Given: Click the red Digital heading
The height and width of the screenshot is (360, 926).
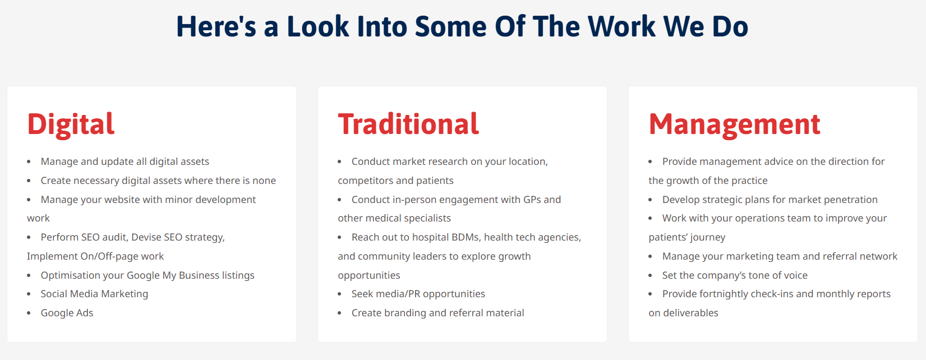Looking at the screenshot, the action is [x=71, y=124].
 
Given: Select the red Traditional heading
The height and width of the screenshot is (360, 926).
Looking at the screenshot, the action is [x=408, y=124].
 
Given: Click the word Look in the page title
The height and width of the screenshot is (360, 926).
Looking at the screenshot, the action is [x=318, y=27].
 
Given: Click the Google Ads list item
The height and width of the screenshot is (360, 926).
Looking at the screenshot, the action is [x=67, y=313].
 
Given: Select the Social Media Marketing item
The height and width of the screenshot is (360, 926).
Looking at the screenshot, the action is [x=94, y=294].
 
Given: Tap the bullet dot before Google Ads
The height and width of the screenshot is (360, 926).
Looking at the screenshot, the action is [x=29, y=313].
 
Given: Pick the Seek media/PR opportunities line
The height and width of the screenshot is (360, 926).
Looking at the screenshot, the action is [x=418, y=294].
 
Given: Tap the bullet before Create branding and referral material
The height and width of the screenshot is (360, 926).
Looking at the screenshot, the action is [x=340, y=313].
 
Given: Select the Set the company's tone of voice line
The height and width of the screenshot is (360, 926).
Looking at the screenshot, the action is [x=735, y=275].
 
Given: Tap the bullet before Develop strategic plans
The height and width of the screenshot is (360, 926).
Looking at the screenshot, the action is [x=651, y=200].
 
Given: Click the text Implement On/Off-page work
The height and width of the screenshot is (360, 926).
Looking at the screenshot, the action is [x=95, y=256].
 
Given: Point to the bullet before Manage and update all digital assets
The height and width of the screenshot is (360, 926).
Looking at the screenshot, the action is [x=29, y=162].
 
